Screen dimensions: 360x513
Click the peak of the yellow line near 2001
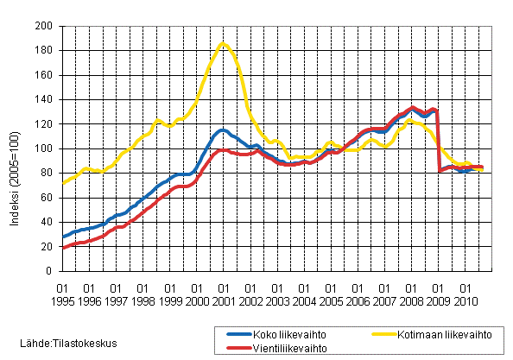[223, 43]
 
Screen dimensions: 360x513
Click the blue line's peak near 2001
[223, 130]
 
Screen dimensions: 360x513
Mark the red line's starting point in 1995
[63, 248]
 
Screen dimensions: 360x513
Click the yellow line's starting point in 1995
[63, 183]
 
